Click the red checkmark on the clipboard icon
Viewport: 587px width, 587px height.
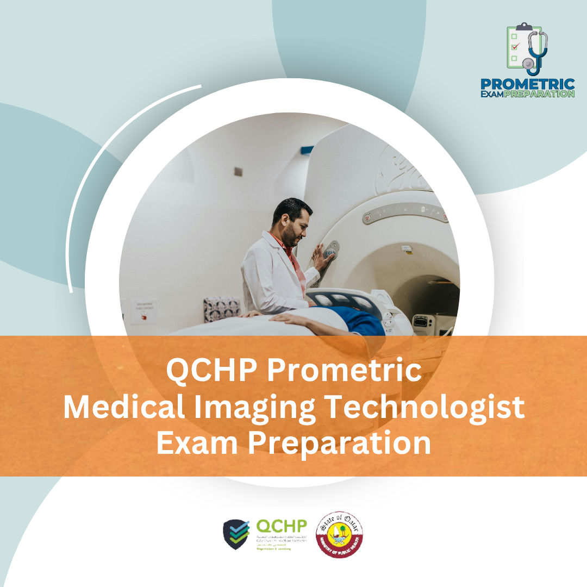pyautogui.click(x=515, y=47)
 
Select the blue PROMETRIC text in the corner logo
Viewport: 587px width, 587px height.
pyautogui.click(x=527, y=85)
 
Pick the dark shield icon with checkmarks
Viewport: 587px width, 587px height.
pyautogui.click(x=237, y=534)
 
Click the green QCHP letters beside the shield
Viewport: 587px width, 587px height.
pyautogui.click(x=282, y=526)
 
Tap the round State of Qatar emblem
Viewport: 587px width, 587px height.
pyautogui.click(x=340, y=534)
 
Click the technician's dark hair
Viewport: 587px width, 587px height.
pyautogui.click(x=293, y=209)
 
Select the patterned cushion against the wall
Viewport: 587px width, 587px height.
pyautogui.click(x=222, y=308)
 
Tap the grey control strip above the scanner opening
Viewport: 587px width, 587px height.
pyautogui.click(x=405, y=212)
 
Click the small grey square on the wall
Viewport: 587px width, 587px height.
pyautogui.click(x=238, y=171)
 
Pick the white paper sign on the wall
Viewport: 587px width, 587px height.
pyautogui.click(x=143, y=311)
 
